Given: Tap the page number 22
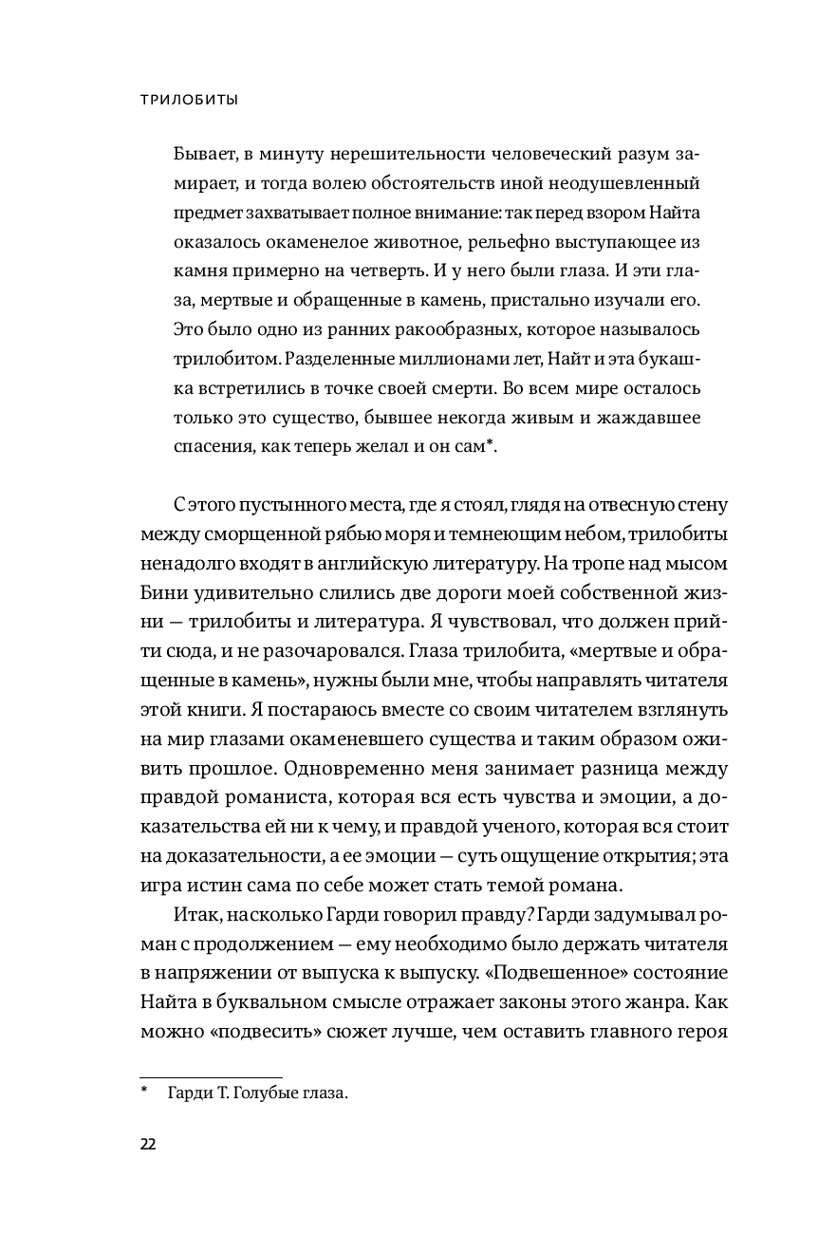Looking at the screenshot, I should (148, 1143).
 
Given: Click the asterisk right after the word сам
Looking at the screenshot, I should (489, 445).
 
